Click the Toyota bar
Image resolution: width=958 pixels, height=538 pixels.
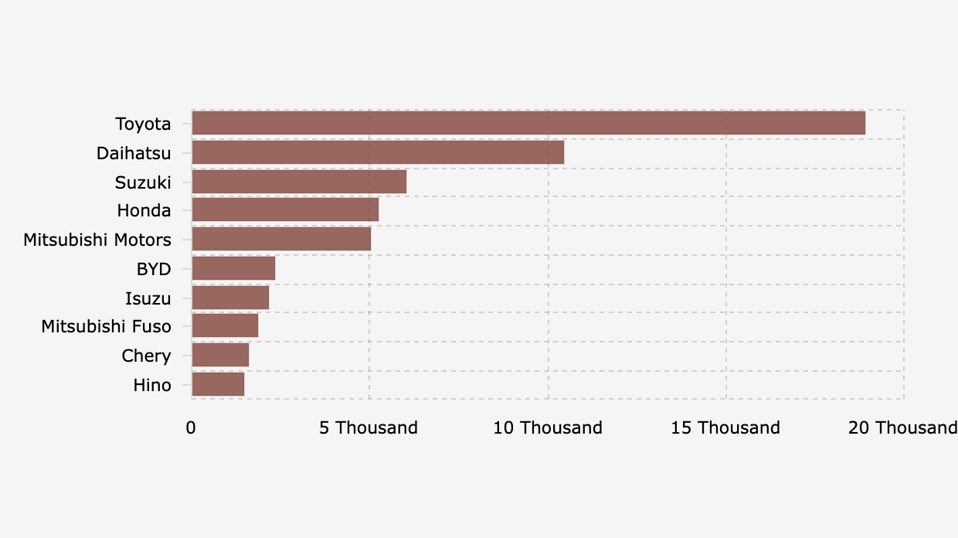point(528,124)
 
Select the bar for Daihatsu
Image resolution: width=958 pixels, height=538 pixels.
point(378,152)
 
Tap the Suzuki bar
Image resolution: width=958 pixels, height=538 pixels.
point(299,182)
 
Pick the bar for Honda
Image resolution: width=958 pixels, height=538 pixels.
point(285,210)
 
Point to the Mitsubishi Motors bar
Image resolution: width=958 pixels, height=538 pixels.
point(281,240)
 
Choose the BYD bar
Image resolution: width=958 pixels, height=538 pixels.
point(233,268)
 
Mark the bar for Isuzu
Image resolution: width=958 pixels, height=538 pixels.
point(230,298)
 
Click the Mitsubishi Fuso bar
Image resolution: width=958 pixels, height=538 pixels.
point(225,326)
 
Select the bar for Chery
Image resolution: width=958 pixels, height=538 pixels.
point(220,356)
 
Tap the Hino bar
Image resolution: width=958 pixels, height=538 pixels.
point(218,384)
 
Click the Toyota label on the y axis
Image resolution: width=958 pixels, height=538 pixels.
point(143,124)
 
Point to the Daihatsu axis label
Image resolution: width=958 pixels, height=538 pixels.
point(134,153)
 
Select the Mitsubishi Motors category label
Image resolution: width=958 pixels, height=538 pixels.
point(97,240)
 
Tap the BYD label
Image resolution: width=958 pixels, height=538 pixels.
point(154,269)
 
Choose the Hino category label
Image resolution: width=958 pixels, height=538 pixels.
point(152,385)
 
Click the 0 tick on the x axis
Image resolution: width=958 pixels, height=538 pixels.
point(191,427)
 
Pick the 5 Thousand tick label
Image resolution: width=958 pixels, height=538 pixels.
point(369,427)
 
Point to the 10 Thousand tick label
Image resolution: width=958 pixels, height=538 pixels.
point(548,427)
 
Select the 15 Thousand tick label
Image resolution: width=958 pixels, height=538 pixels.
point(725,427)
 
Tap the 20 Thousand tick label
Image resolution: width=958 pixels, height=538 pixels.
point(902,427)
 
